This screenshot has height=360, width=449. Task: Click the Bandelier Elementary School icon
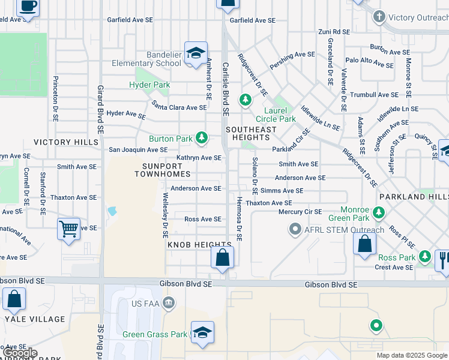coord(196,53)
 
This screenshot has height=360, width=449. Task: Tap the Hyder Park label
coord(149,85)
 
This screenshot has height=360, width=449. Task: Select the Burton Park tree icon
coord(202,139)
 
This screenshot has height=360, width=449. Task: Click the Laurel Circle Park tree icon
coord(246,100)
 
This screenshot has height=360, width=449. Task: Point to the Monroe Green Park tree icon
coord(379,212)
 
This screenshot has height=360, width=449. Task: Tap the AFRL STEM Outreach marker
coord(295,229)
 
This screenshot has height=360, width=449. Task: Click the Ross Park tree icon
coord(425,257)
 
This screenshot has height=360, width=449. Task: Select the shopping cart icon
coord(69,229)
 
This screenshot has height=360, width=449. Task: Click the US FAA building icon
coord(169,303)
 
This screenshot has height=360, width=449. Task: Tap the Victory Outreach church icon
coord(379,17)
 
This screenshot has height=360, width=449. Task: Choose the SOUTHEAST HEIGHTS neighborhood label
coord(251,134)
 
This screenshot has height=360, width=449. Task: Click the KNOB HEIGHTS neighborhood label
coord(191,245)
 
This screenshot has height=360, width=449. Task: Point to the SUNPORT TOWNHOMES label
coord(162,170)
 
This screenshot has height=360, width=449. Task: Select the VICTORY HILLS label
coord(66,142)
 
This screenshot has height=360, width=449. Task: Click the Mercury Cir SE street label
coord(300,212)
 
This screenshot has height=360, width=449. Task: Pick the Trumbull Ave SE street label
coord(375,95)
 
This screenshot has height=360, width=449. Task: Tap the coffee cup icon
coord(28,6)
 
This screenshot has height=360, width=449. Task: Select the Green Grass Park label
coord(155,334)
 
